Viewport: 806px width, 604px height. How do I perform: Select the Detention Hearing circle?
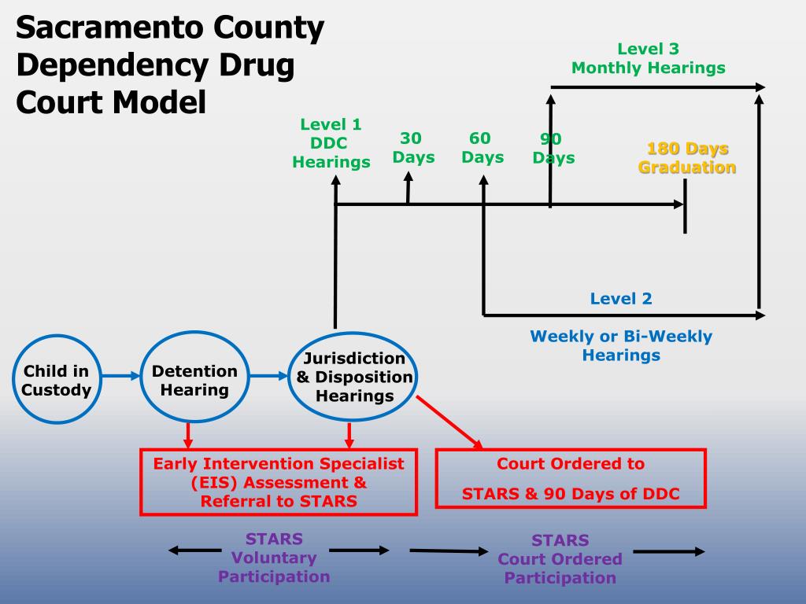click(194, 380)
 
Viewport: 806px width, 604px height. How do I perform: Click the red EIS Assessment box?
click(278, 481)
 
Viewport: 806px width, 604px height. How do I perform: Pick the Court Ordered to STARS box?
click(571, 478)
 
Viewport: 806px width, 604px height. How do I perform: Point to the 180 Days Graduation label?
click(686, 158)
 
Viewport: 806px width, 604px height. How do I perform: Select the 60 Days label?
click(482, 147)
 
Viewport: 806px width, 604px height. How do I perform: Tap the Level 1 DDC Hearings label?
click(331, 143)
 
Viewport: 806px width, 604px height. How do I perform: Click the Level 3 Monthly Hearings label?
click(648, 58)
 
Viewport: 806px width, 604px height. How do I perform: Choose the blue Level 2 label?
click(621, 298)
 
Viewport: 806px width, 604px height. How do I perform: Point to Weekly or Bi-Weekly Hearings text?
click(621, 345)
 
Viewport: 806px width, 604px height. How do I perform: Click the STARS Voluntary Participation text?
click(274, 558)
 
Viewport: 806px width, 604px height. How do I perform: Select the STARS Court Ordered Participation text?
click(560, 559)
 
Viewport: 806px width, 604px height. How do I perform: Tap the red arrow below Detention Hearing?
click(188, 433)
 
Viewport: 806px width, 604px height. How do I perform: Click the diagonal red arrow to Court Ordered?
click(449, 422)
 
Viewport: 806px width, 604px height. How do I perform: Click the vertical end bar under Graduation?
click(685, 206)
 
